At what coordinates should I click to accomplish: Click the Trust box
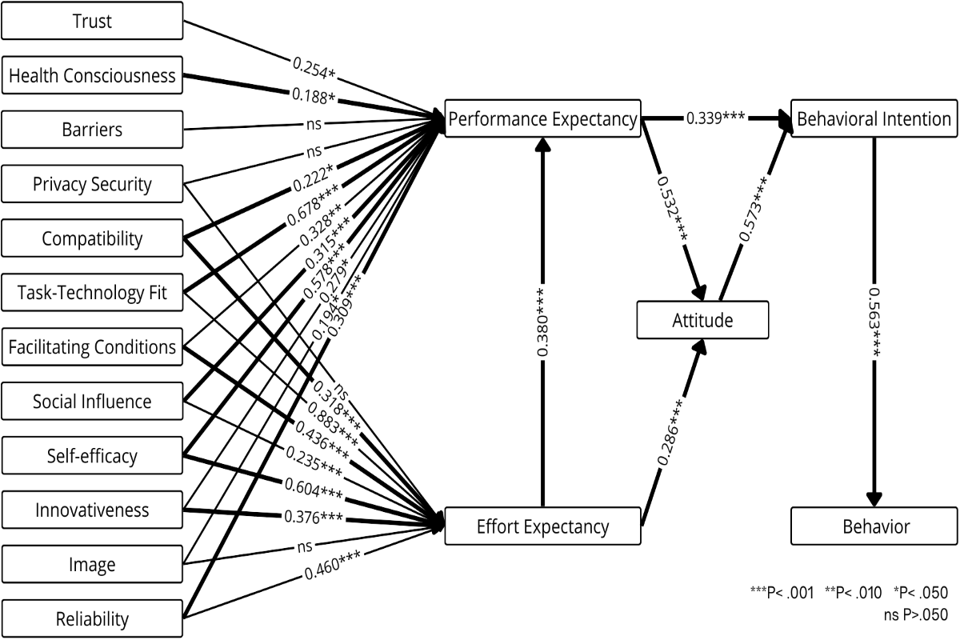92,21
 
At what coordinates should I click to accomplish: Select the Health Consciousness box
92,76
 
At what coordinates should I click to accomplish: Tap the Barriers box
92,130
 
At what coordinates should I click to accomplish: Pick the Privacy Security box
92,184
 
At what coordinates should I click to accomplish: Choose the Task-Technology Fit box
92,293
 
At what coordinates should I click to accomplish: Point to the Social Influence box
92,401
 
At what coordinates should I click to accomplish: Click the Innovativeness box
92,510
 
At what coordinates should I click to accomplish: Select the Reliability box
92,618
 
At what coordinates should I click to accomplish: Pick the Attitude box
702,321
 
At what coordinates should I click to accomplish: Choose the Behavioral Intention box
874,119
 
